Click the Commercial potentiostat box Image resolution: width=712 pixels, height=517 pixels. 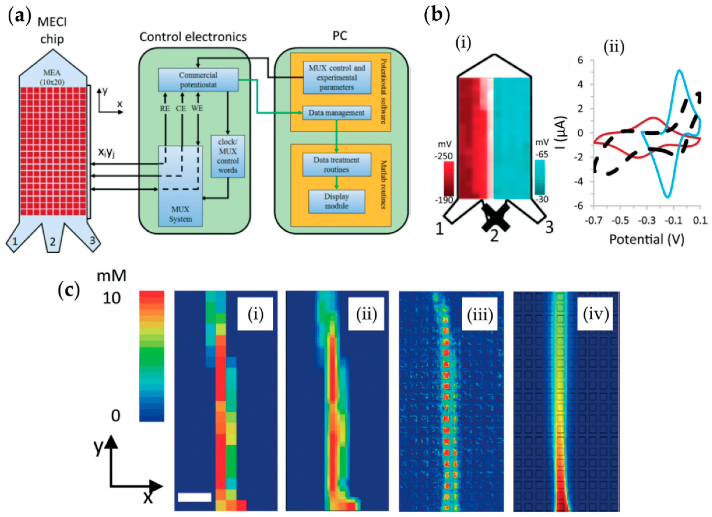[x=198, y=80]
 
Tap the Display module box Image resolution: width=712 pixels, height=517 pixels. [x=337, y=201]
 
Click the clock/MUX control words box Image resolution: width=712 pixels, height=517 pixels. [x=228, y=156]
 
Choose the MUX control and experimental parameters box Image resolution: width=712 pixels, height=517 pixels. [x=337, y=78]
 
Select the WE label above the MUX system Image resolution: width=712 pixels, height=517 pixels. [x=197, y=108]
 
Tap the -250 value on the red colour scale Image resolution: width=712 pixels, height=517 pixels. [x=444, y=156]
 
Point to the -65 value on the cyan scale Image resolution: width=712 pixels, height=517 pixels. [x=541, y=154]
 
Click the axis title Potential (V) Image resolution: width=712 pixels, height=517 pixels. [x=647, y=240]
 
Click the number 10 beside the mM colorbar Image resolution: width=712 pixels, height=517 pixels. [x=111, y=298]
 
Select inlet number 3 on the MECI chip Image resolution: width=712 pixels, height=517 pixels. [x=92, y=240]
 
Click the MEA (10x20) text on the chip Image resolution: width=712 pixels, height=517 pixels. [x=52, y=77]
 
